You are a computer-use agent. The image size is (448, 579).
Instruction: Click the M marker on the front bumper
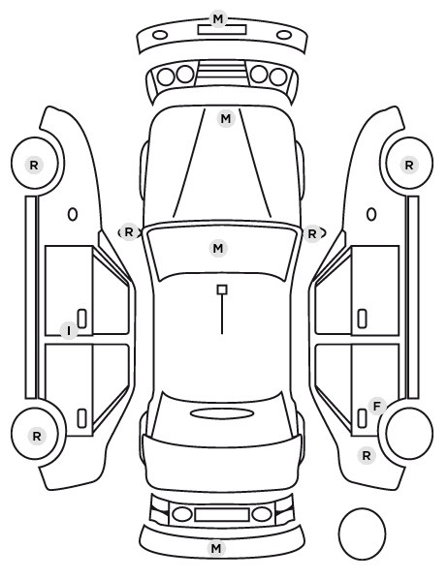tap(218, 18)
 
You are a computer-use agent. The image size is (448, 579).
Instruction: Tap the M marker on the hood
tap(226, 119)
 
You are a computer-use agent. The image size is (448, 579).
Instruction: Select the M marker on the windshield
tap(218, 248)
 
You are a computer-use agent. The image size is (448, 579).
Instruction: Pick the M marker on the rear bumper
tap(216, 548)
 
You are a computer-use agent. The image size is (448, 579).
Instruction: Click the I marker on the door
tap(69, 330)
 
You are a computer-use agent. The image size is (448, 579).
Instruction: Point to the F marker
tap(377, 407)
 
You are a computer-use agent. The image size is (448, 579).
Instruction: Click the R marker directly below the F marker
tap(367, 456)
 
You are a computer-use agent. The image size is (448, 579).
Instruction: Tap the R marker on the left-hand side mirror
tap(128, 232)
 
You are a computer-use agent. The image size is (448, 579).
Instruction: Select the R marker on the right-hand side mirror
tap(312, 233)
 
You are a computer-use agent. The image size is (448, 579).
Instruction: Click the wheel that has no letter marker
tap(409, 433)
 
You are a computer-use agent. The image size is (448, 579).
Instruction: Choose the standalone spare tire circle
tap(362, 533)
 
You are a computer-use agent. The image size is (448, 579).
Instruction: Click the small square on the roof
tap(222, 289)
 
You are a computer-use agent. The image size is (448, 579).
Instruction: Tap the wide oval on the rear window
tap(222, 413)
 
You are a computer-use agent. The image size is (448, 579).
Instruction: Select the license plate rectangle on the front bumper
tap(222, 29)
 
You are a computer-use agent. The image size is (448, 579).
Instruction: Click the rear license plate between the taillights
tap(222, 515)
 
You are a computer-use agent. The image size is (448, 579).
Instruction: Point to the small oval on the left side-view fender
tap(73, 214)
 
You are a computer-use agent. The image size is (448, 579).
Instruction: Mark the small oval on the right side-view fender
tap(371, 214)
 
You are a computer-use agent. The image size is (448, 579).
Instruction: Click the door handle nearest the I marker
tap(82, 319)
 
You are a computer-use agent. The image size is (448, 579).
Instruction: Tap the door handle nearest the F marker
tap(362, 418)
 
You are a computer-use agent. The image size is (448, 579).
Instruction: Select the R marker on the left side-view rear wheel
tap(36, 436)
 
